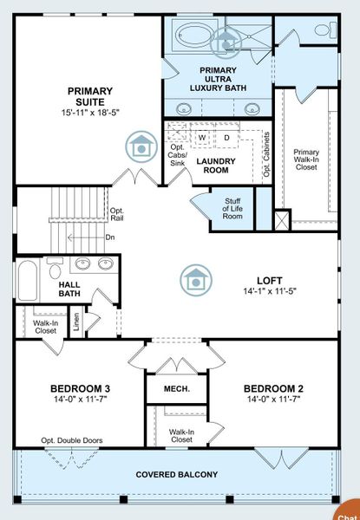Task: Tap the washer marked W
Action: click(x=202, y=137)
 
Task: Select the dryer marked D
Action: click(x=226, y=137)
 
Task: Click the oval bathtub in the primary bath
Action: click(x=194, y=37)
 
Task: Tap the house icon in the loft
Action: click(x=194, y=280)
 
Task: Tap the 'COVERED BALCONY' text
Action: click(x=176, y=475)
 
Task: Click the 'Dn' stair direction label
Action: click(x=110, y=236)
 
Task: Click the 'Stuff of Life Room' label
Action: click(x=232, y=208)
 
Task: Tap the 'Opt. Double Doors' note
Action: click(x=71, y=440)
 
